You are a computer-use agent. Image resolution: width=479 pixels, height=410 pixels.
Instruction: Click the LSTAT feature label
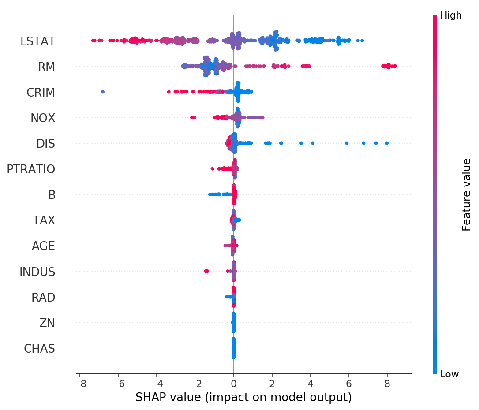click(x=38, y=41)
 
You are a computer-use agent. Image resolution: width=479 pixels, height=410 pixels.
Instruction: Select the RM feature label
click(x=46, y=67)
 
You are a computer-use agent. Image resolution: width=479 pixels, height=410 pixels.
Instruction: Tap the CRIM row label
click(x=41, y=93)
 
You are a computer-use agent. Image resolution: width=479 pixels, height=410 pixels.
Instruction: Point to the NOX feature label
click(x=43, y=118)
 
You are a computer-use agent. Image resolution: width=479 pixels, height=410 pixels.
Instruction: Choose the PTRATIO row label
click(x=31, y=169)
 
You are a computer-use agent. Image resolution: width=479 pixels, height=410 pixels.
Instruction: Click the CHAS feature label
click(x=40, y=349)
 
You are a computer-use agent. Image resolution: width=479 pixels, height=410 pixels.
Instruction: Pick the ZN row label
click(x=47, y=323)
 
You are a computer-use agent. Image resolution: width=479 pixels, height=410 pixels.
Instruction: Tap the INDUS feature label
click(x=37, y=272)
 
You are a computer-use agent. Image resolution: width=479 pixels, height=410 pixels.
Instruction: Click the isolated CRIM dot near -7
click(x=103, y=92)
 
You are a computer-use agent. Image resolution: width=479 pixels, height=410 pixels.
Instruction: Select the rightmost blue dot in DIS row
click(x=387, y=143)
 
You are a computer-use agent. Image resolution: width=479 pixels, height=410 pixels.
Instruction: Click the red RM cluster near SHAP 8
click(x=389, y=66)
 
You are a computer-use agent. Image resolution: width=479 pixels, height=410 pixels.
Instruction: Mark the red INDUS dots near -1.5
click(x=206, y=271)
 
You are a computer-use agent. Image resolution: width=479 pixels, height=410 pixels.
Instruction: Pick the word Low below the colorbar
click(x=449, y=374)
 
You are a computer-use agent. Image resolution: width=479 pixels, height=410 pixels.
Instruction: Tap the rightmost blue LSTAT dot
click(x=362, y=41)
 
